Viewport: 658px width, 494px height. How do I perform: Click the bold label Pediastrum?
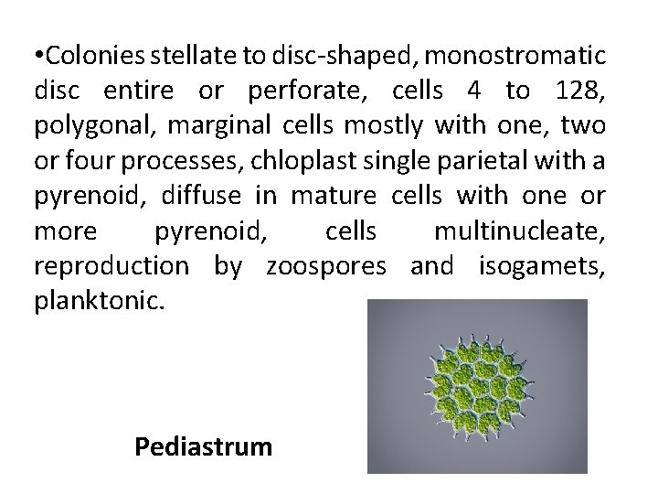pyautogui.click(x=203, y=446)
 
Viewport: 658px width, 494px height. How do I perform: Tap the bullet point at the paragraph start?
pyautogui.click(x=38, y=56)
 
